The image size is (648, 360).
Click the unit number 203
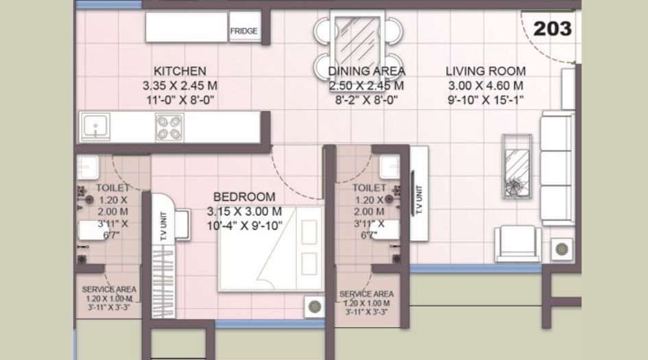pos(552,29)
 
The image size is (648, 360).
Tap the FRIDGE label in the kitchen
pos(244,31)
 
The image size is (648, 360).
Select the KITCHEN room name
pos(180,71)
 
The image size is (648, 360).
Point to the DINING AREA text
pos(366,71)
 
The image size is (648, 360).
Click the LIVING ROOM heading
pos(485,71)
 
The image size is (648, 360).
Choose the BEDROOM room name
pos(244,197)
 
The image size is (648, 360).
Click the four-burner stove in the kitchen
pos(169,127)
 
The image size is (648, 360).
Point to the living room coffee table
pos(516,165)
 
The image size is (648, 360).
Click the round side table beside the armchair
pos(562,248)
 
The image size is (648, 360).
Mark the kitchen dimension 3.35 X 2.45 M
pos(180,86)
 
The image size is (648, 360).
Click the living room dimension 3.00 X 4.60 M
pos(485,86)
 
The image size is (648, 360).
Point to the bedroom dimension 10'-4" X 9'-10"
pos(244,225)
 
